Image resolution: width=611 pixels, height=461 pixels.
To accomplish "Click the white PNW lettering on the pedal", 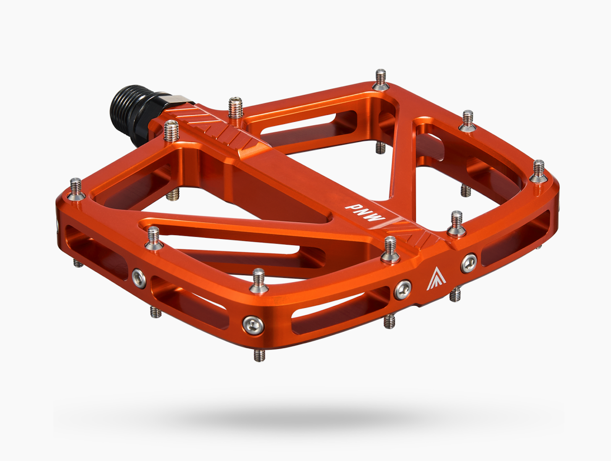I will (x=365, y=213).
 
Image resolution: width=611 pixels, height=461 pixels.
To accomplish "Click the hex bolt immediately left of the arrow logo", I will (x=403, y=289).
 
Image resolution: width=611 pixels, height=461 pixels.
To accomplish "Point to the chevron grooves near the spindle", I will (x=214, y=122).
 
